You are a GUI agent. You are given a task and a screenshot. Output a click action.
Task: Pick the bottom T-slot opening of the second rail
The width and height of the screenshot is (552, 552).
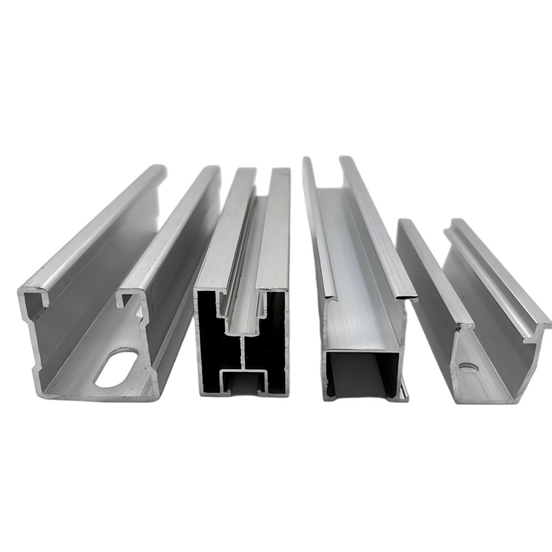[x=241, y=382]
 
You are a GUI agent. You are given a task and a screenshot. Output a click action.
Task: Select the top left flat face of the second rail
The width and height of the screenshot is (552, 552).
[x=207, y=287]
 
